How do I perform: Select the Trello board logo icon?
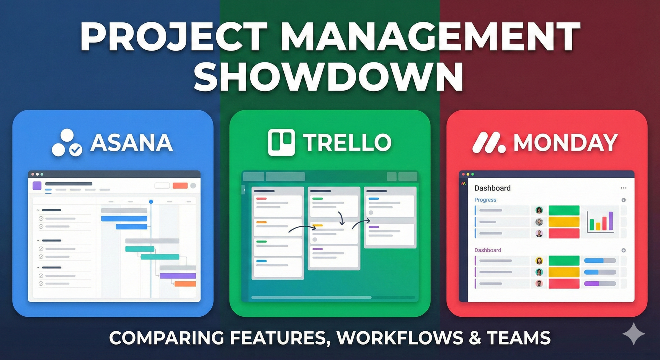tap(281, 142)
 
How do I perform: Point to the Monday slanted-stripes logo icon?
tap(488, 143)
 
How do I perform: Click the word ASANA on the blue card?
tap(131, 143)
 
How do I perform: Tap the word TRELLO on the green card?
tap(347, 143)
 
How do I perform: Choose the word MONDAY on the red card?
tap(566, 143)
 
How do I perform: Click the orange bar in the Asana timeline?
tap(185, 284)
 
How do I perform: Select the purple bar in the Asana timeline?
tap(178, 276)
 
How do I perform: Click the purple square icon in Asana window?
tap(37, 186)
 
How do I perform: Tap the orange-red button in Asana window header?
tap(180, 186)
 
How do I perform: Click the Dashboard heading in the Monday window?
tap(492, 188)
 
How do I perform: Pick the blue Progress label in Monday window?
tap(485, 200)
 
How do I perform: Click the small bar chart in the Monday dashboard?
tap(600, 222)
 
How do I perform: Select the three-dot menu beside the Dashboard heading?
tap(623, 188)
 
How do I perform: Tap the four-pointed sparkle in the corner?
tap(633, 334)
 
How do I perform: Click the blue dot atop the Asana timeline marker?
tap(151, 201)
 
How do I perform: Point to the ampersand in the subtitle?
tap(475, 338)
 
